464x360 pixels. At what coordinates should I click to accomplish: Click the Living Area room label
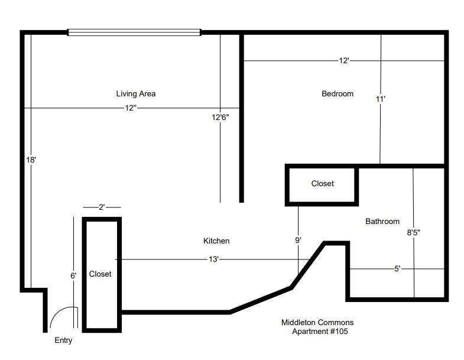[x=135, y=93]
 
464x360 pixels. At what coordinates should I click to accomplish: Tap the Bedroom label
[x=338, y=93]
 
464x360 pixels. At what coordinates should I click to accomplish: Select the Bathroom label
[x=382, y=221]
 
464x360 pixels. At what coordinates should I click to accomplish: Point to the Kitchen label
[x=216, y=241]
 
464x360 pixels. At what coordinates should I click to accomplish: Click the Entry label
[x=63, y=340]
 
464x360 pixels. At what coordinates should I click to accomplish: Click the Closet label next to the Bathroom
[x=322, y=184]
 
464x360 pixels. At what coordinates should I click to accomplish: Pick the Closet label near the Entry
[x=100, y=274]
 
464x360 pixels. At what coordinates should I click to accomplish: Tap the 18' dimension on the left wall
[x=31, y=160]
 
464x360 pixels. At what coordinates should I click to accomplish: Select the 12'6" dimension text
[x=220, y=117]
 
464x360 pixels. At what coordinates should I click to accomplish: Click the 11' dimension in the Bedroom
[x=380, y=99]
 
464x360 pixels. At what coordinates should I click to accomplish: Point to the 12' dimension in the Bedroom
[x=344, y=61]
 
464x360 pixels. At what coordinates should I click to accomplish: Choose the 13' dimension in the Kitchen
[x=213, y=260]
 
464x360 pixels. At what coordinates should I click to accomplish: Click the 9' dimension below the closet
[x=298, y=240]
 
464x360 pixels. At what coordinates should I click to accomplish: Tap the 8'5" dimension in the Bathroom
[x=413, y=232]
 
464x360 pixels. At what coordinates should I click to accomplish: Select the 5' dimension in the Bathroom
[x=397, y=269]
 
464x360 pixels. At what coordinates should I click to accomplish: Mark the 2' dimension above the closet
[x=102, y=207]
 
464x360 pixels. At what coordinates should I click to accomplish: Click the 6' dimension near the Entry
[x=73, y=275]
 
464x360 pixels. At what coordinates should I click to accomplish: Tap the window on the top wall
[x=135, y=33]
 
